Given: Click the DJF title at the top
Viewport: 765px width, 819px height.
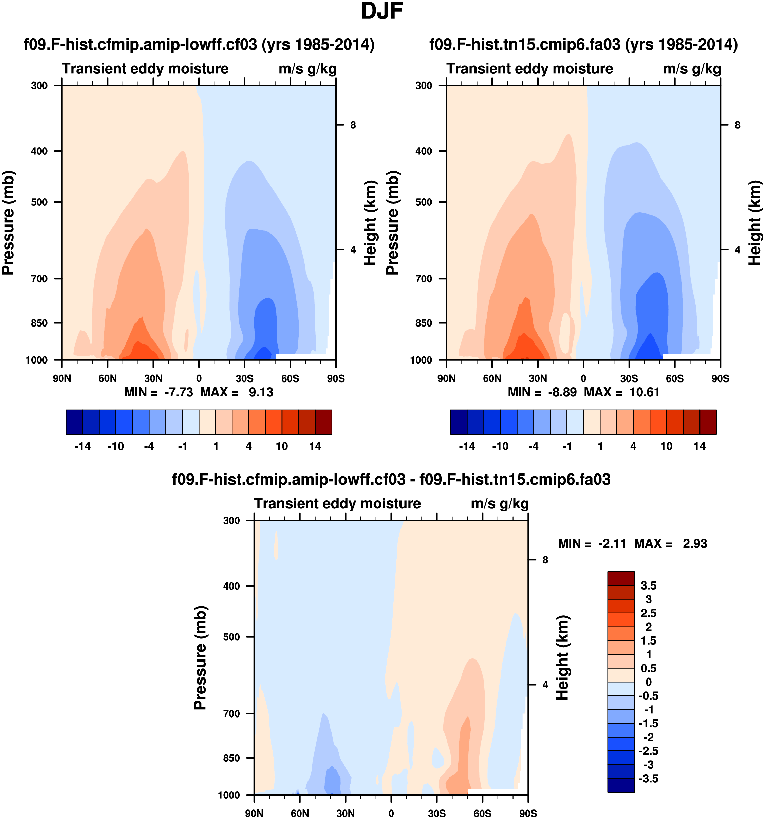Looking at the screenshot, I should [381, 12].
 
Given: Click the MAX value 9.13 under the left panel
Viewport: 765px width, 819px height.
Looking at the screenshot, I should [261, 392].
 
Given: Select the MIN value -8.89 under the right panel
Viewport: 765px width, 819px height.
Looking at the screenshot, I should [562, 392].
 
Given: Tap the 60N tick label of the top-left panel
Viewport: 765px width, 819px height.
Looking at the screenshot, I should [108, 378].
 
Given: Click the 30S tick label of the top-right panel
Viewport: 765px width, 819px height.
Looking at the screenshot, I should [629, 378].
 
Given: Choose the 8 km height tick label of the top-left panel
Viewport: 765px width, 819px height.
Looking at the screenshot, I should [353, 125].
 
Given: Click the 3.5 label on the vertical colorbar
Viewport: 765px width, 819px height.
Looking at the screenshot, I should [648, 585].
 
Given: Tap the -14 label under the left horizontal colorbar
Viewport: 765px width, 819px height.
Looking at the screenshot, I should [82, 446].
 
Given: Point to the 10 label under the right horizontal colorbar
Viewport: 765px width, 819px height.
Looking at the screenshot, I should [666, 446].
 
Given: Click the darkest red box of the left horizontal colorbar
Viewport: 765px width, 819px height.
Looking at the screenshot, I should [323, 422].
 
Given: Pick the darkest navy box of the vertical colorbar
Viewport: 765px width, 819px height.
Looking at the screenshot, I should [621, 785].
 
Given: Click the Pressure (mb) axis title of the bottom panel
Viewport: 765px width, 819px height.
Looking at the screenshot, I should [200, 657].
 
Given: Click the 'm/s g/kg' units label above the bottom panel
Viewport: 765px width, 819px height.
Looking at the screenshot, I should [499, 503].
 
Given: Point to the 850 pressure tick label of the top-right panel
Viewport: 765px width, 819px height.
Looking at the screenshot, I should [424, 323].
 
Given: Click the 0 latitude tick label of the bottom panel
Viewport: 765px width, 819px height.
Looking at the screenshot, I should [391, 813].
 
